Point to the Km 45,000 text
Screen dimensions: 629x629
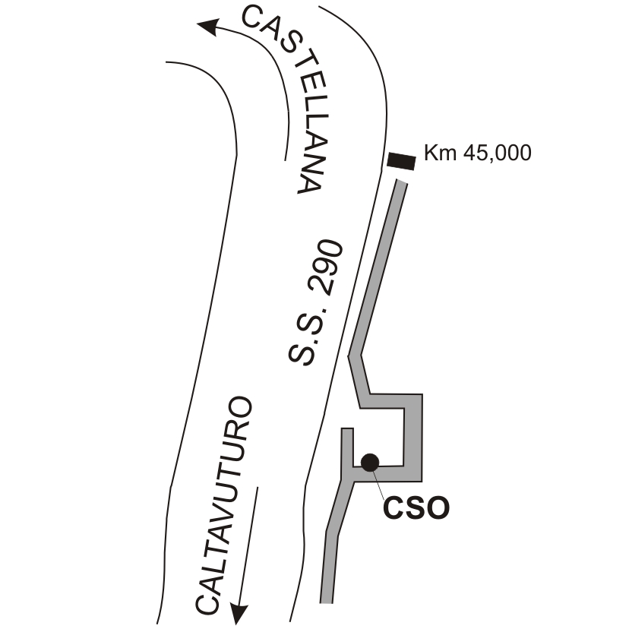coord(477,153)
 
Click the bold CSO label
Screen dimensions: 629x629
coord(416,508)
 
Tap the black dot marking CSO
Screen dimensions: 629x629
coord(370,463)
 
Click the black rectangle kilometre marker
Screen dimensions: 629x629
coord(402,161)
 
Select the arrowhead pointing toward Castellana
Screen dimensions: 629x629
coord(208,27)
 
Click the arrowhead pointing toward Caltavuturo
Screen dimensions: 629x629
coord(239,613)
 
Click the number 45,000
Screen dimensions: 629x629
coord(498,153)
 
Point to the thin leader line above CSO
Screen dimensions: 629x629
coord(377,482)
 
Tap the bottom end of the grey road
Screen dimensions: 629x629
coord(326,602)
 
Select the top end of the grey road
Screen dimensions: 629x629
coord(403,182)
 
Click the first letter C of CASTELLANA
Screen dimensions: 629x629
coord(253,17)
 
